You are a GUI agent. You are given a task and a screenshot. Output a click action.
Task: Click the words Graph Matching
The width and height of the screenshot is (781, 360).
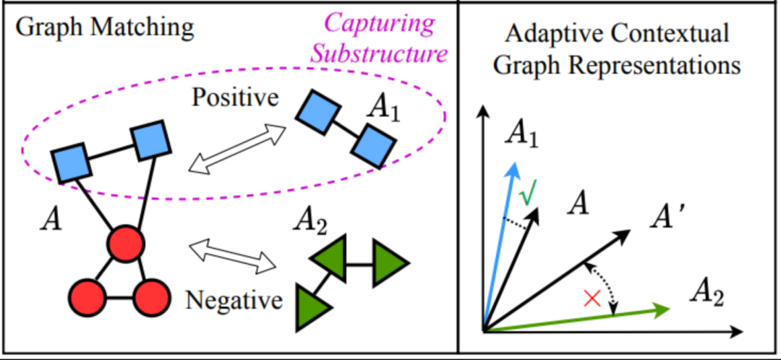105,27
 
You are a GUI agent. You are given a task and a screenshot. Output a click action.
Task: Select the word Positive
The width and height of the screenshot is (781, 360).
235,97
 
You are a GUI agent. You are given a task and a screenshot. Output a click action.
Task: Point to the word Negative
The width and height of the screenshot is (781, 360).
234,299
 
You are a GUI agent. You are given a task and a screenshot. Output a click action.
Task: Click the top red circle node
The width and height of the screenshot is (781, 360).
123,244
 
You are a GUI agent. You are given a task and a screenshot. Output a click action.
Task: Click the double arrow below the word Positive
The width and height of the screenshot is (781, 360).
236,149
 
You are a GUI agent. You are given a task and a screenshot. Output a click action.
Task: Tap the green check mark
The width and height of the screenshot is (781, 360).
529,194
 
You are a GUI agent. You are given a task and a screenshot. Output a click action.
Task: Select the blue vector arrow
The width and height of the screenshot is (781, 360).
500,246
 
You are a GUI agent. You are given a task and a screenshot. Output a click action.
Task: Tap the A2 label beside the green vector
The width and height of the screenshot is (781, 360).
706,293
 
